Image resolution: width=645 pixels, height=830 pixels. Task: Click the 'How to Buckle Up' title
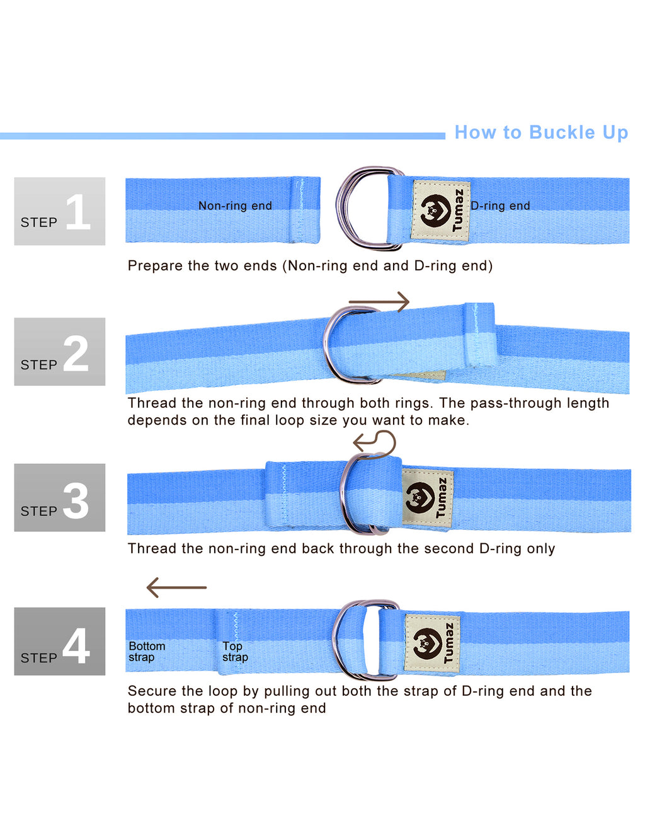(x=541, y=133)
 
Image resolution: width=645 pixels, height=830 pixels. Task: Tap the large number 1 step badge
(x=60, y=211)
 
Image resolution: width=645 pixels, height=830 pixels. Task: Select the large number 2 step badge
(x=60, y=352)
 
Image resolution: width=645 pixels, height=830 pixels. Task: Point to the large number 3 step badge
(x=60, y=497)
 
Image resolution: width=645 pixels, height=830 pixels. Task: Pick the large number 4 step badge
(x=60, y=642)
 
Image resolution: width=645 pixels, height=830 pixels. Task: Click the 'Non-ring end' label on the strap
(x=235, y=206)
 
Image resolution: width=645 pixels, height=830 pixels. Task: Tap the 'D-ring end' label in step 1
(x=500, y=206)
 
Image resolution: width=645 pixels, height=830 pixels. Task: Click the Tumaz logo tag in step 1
(x=441, y=211)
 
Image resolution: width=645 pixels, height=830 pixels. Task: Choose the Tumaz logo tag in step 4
(x=432, y=643)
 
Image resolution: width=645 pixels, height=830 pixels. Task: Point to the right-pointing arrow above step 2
(x=379, y=302)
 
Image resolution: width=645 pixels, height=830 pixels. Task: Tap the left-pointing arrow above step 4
(x=176, y=587)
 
